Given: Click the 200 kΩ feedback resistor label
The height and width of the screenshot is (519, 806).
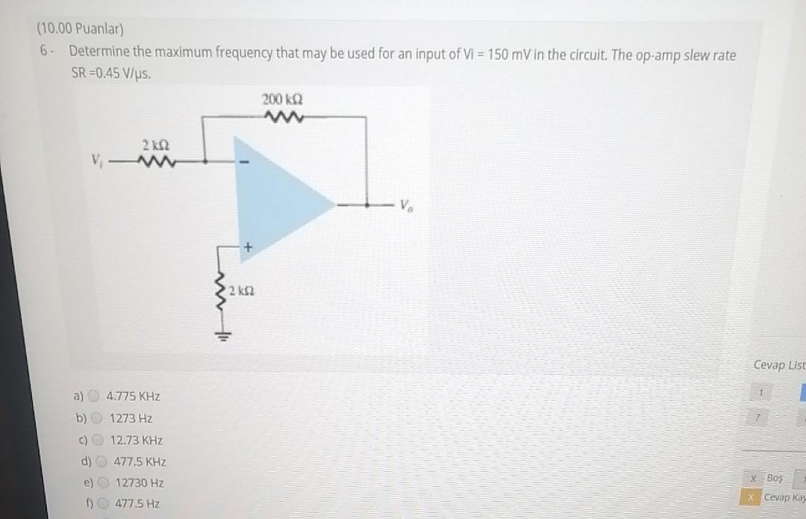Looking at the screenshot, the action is pyautogui.click(x=283, y=99).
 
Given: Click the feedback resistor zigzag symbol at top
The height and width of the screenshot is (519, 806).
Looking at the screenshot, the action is pyautogui.click(x=282, y=116).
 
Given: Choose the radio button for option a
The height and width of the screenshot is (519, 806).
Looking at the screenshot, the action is pyautogui.click(x=95, y=397).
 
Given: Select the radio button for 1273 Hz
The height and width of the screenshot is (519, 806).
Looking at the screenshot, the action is pyautogui.click(x=96, y=418).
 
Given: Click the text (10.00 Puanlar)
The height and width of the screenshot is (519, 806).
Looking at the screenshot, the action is pyautogui.click(x=81, y=30).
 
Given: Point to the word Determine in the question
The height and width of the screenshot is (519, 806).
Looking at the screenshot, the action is pyautogui.click(x=98, y=53).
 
